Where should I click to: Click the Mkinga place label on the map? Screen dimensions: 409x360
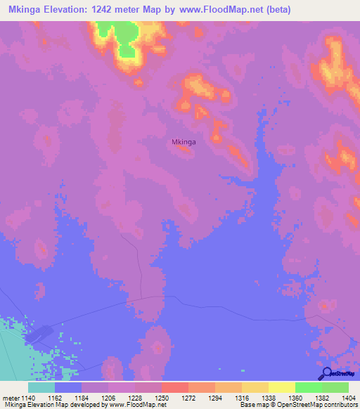[184, 141]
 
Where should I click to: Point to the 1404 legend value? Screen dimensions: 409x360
[348, 398]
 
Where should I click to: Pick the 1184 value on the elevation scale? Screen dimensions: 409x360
[80, 398]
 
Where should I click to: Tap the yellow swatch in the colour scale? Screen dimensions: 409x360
[281, 387]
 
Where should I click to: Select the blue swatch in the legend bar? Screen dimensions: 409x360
[67, 387]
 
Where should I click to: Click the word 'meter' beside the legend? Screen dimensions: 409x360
[10, 398]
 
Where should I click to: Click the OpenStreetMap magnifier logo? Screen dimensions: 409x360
[326, 373]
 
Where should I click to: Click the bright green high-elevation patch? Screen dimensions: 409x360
[118, 35]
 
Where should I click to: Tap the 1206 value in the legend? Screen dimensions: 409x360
[107, 398]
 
